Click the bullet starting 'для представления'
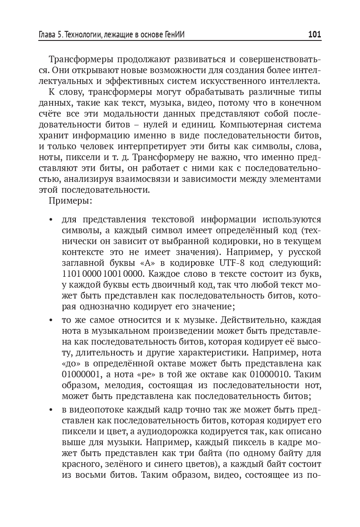coord(51,220)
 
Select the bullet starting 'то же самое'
coord(51,320)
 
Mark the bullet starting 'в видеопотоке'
coord(51,410)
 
